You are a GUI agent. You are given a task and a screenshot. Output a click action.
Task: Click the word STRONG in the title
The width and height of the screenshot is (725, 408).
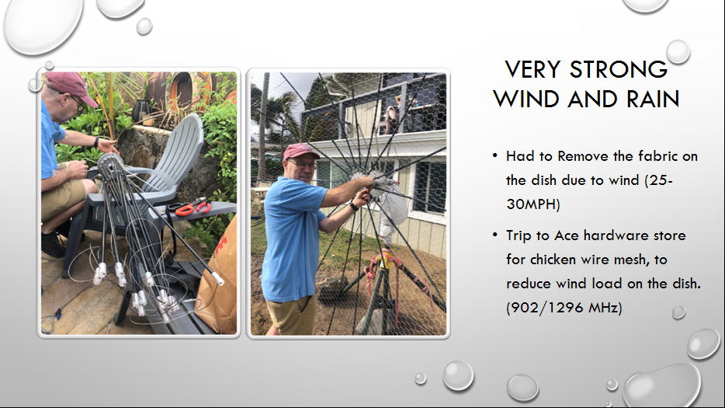[x=618, y=69]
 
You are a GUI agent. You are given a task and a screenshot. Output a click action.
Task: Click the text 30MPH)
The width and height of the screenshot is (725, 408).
[x=533, y=204]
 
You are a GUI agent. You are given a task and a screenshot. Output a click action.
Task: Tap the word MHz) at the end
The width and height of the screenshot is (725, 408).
[x=605, y=308]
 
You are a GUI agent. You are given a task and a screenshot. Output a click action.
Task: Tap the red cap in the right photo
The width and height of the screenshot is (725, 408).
[x=300, y=152]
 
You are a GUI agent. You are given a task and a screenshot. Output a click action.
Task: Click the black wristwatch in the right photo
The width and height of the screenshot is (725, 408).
[x=354, y=206]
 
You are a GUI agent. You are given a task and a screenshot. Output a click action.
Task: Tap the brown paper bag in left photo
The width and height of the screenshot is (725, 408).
[x=218, y=283]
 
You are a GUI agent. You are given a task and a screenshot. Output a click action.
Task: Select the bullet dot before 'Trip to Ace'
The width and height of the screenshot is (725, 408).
[x=495, y=235]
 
